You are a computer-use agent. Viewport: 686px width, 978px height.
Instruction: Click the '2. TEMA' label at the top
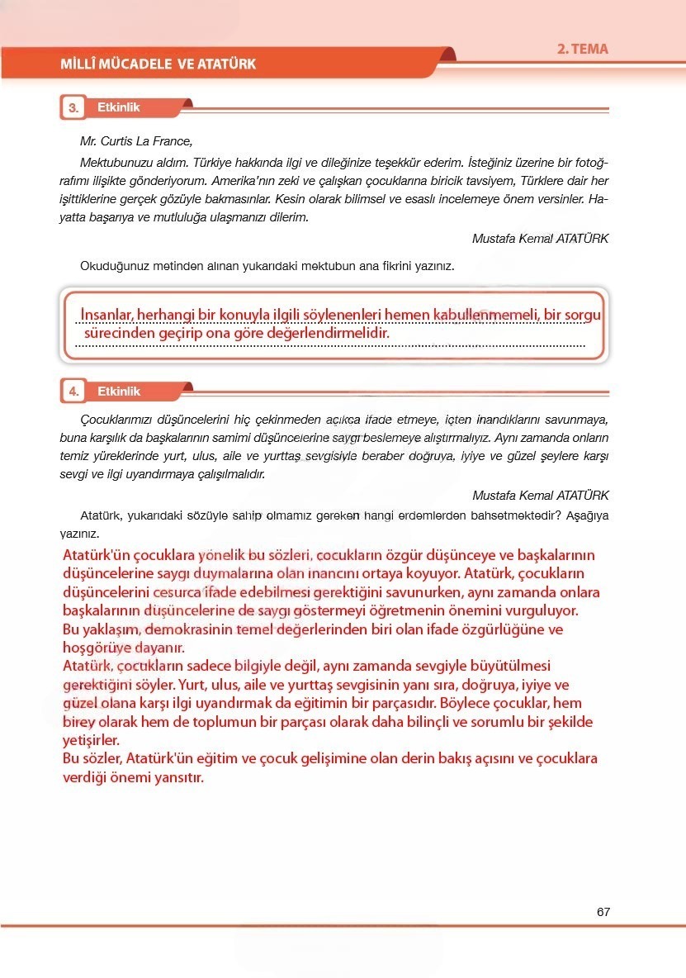582,49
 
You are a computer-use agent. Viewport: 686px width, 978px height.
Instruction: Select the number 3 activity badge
73,108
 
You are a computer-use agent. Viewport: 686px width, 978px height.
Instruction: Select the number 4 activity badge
73,392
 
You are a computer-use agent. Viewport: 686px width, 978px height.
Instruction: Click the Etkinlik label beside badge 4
119,392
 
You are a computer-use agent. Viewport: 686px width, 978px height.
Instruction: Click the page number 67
603,912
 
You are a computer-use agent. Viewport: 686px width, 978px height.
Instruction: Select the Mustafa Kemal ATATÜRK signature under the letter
540,238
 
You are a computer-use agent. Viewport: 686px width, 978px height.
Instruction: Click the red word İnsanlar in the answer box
107,315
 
